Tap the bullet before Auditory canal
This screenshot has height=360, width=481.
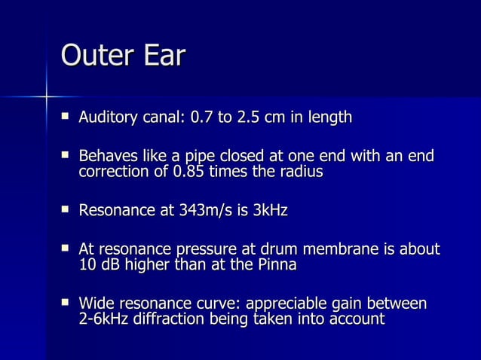66,117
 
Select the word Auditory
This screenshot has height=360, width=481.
108,117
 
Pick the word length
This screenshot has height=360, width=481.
326,118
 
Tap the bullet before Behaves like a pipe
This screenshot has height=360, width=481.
66,157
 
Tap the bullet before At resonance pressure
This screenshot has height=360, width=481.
66,250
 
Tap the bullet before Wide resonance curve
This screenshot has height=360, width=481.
66,304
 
